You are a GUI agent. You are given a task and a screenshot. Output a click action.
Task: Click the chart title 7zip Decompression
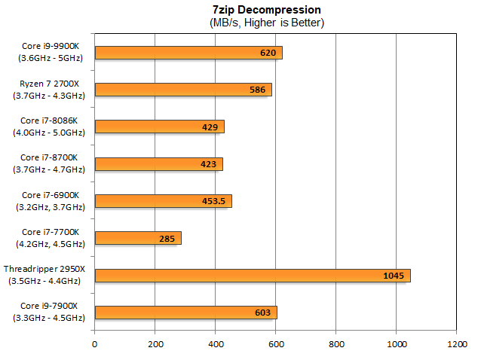point(267,10)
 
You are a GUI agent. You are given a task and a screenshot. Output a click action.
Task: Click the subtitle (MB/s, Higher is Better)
point(267,23)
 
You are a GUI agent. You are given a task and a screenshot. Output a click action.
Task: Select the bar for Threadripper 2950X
point(253,276)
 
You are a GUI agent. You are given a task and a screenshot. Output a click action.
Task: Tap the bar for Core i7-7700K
point(138,239)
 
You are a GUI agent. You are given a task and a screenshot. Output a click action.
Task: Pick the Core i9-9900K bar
point(188,53)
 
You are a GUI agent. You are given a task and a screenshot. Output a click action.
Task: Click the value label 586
point(256,90)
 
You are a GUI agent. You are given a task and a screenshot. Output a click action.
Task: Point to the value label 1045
point(394,276)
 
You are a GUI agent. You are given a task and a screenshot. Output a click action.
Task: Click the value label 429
point(210,127)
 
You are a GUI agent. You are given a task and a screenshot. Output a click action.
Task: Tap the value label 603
point(263,313)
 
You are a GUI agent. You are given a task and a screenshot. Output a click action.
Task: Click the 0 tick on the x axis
point(95,344)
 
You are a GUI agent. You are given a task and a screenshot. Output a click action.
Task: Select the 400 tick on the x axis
point(216,344)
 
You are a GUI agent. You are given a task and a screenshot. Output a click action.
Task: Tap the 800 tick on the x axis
point(336,344)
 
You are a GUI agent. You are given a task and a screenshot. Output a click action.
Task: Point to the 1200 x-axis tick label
point(456,344)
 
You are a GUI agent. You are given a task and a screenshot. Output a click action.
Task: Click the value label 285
point(167,239)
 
